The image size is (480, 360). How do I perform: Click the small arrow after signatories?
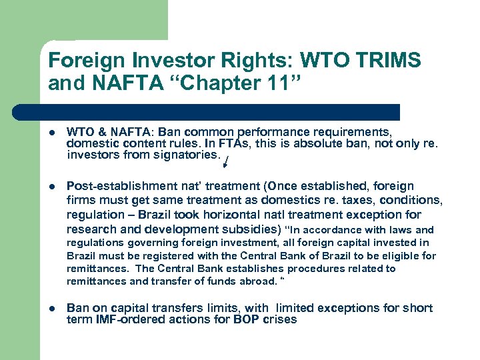[x=225, y=161]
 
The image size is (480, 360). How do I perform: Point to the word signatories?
[x=189, y=155]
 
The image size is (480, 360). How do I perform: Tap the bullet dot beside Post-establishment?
[x=53, y=187]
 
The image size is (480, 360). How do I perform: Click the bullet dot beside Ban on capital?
[x=53, y=309]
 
